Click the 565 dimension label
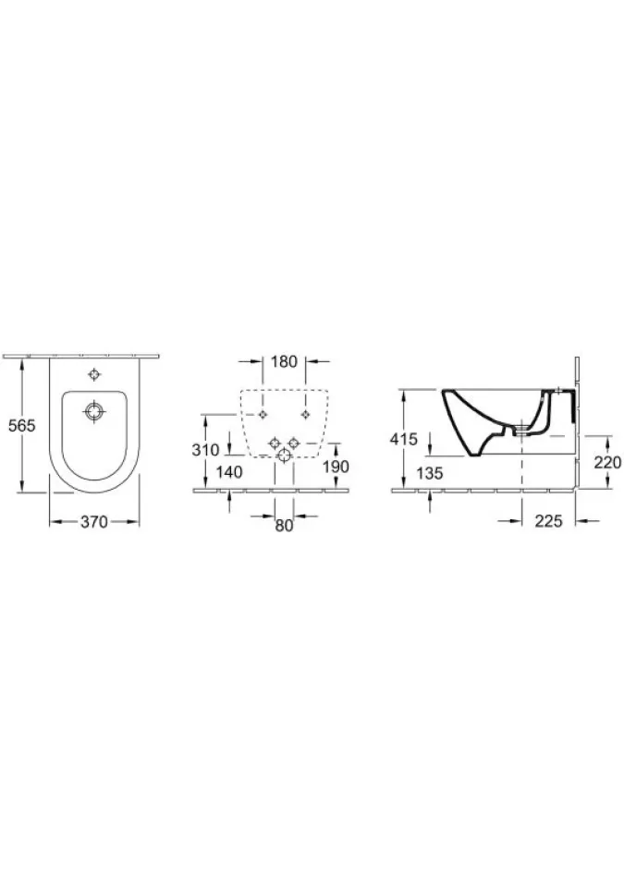point(22,425)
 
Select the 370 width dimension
point(94,522)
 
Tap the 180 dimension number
point(284,361)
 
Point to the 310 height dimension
point(205,450)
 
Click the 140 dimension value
point(229,472)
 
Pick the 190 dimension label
point(336,467)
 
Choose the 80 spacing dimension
point(284,526)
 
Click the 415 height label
point(404,439)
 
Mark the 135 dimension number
point(429,473)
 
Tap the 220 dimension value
point(607,463)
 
